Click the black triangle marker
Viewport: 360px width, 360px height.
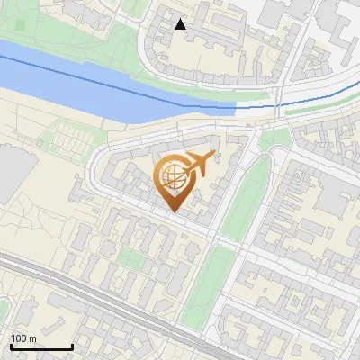(x=181, y=24)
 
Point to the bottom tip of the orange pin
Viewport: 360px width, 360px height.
(x=174, y=211)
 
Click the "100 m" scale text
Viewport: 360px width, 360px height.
(x=24, y=338)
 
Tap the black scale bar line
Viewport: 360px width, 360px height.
(x=40, y=346)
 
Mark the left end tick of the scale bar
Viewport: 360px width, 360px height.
(x=10, y=345)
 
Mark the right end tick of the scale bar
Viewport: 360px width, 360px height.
(x=72, y=345)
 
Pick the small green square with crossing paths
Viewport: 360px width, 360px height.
(x=131, y=259)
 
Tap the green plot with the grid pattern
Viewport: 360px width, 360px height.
(x=67, y=139)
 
